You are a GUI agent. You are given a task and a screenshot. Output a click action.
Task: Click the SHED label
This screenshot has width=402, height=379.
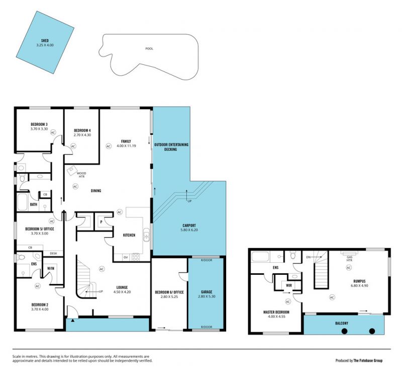45,41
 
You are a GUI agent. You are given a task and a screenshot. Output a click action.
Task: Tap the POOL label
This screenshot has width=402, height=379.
149,48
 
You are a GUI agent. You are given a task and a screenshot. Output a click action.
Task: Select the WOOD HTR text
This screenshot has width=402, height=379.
81,175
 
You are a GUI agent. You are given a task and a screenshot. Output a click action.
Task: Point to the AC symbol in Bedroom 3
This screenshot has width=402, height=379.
53,132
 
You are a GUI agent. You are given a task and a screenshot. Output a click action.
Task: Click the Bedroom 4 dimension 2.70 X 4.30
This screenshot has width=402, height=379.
82,135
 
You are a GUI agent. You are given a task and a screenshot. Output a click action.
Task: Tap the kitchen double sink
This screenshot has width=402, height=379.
146,235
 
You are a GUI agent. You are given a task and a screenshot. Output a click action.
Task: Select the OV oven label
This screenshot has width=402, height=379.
126,257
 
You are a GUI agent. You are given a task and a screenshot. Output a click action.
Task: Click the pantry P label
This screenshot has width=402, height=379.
102,222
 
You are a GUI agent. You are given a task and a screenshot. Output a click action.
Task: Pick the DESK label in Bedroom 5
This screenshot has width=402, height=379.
53,254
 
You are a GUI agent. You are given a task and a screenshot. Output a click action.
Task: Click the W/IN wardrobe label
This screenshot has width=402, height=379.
51,268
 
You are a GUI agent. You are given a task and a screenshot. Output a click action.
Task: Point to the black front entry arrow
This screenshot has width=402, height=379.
73,321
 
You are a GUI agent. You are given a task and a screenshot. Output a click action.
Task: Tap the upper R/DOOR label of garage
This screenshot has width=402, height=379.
207,260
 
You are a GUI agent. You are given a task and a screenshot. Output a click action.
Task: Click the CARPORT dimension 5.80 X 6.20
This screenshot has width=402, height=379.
189,230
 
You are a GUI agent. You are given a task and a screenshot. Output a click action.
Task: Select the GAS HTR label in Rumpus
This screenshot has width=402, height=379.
349,259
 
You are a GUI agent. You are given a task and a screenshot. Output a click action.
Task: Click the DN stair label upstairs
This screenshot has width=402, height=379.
308,257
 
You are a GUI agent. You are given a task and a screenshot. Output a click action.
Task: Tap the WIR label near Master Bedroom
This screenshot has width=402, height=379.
288,285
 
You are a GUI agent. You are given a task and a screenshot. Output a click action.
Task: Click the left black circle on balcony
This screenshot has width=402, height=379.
345,331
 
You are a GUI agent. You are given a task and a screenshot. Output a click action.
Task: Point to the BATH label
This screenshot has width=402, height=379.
34,204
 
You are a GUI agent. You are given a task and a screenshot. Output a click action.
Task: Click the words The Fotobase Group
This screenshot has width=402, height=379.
368,360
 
